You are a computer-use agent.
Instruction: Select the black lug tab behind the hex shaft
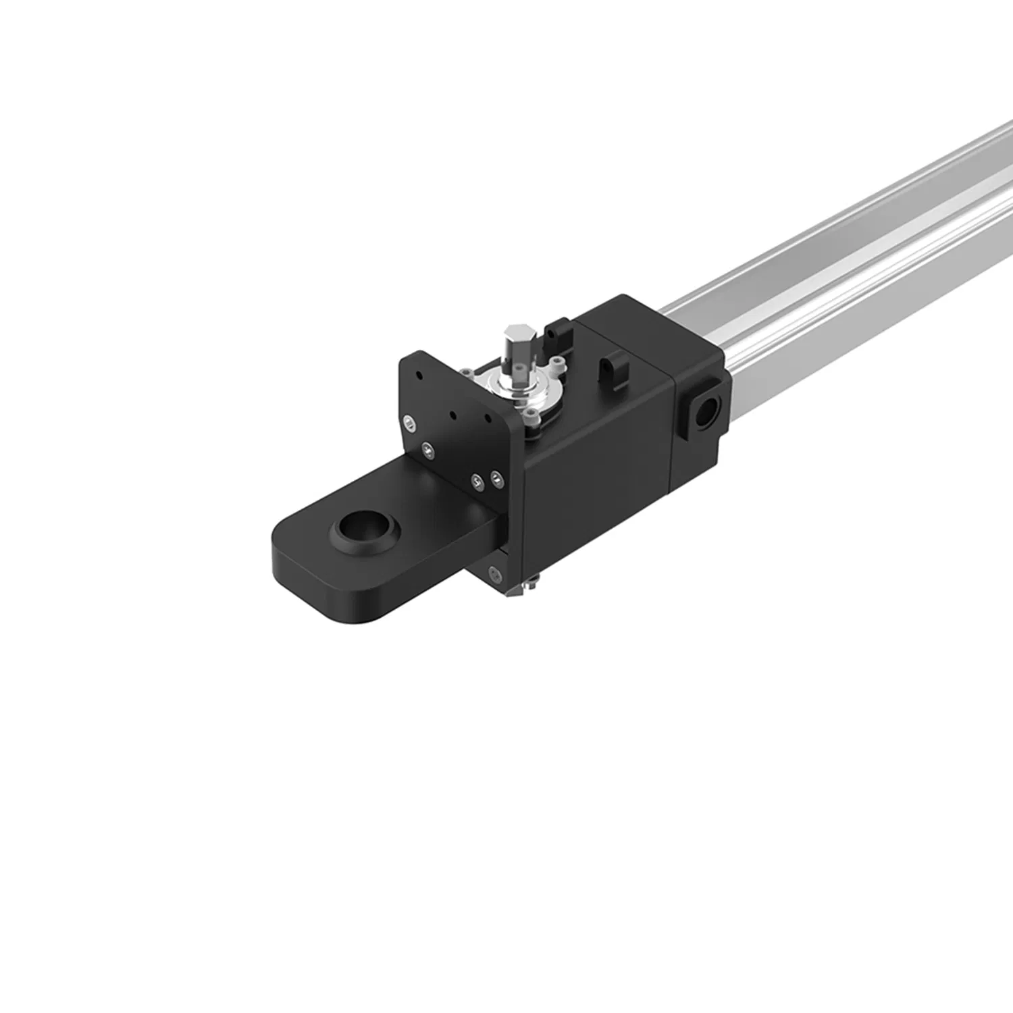tap(558, 331)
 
